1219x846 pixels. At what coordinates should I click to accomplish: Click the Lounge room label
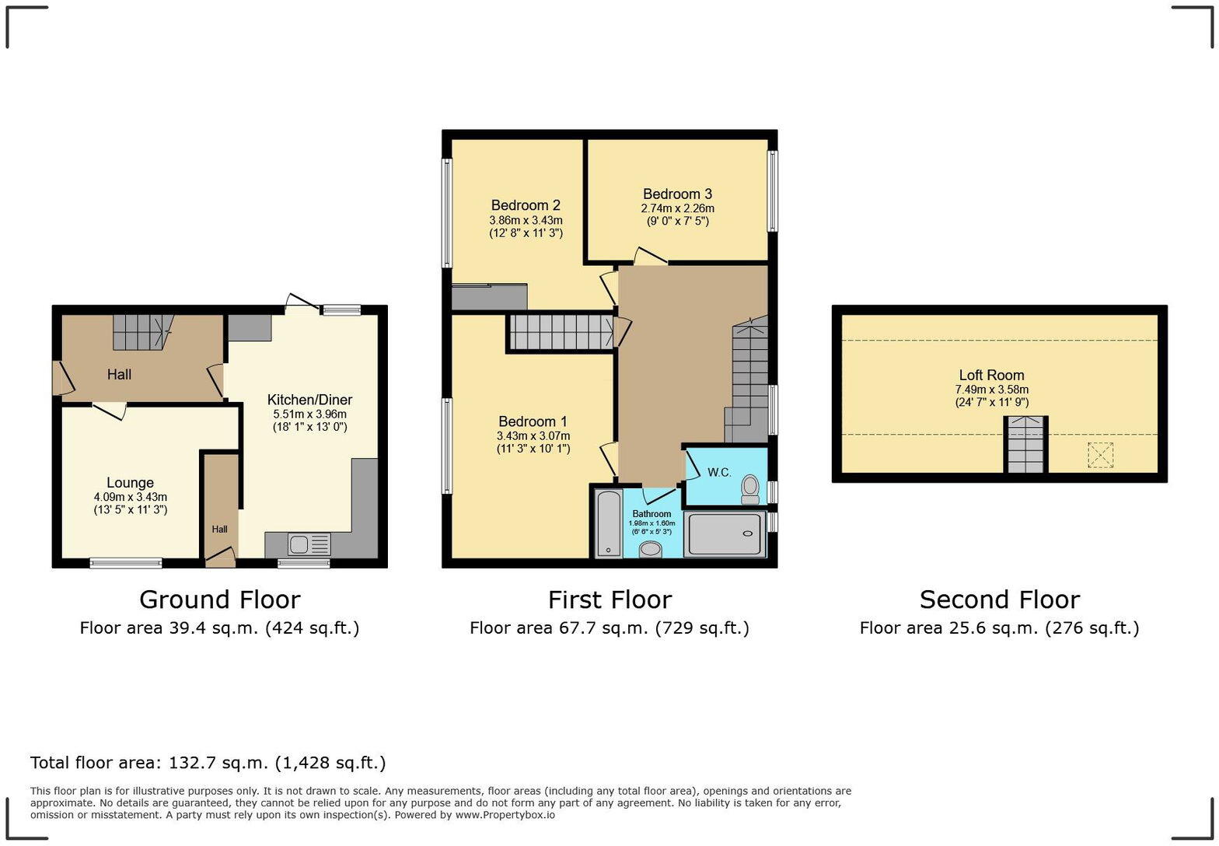[130, 483]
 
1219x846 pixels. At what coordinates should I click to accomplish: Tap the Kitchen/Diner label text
[309, 400]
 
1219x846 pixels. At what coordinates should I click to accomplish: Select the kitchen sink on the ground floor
[309, 544]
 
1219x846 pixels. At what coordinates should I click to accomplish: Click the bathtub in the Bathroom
[608, 523]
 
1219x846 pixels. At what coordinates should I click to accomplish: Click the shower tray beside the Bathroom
[723, 534]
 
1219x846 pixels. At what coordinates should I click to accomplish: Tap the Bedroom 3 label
[677, 194]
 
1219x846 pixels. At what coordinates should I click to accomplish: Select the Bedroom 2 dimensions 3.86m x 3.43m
[526, 221]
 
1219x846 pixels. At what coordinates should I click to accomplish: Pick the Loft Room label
[991, 375]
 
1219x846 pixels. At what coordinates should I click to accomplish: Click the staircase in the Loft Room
[1025, 446]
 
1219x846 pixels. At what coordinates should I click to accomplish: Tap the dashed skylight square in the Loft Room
[1100, 455]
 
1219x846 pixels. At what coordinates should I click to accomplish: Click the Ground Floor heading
[219, 600]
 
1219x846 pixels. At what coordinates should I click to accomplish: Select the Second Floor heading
[999, 600]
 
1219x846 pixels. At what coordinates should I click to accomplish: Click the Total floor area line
[208, 763]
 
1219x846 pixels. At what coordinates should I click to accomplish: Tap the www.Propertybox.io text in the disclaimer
[505, 815]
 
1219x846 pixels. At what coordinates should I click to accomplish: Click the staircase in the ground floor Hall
[141, 332]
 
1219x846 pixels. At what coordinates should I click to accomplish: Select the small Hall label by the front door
[219, 530]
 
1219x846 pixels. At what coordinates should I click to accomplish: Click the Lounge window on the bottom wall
[126, 563]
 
